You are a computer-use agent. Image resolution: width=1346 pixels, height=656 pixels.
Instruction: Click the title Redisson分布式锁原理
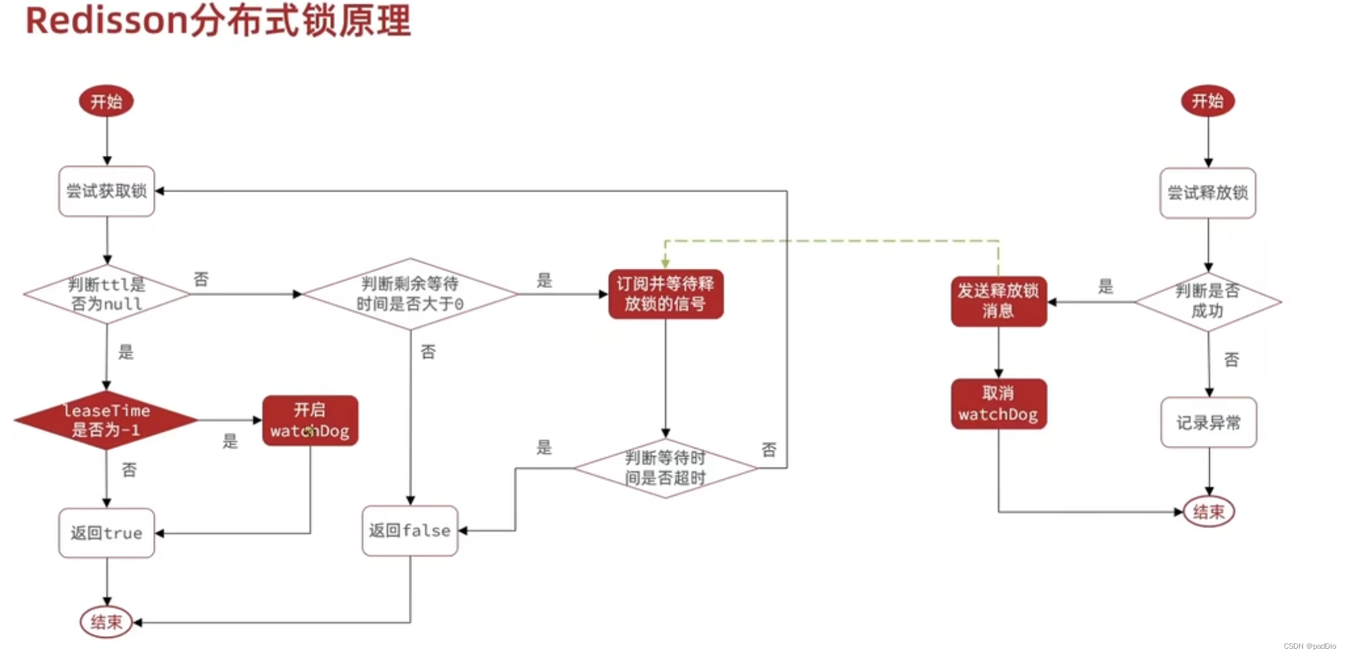218,21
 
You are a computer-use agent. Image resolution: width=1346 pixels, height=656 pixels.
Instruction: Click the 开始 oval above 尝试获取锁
106,102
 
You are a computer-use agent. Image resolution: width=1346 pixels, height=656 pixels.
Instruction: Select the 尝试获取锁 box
106,192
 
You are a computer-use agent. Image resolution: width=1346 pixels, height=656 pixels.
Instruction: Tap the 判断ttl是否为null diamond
106,294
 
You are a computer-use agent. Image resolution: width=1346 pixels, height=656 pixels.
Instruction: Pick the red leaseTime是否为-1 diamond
106,420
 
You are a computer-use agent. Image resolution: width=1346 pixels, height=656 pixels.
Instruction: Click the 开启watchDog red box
310,421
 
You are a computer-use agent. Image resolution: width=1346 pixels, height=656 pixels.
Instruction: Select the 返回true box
106,533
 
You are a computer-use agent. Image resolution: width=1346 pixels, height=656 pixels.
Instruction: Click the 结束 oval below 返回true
106,622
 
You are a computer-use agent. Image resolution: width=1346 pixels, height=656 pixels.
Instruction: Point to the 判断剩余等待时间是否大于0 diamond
409,294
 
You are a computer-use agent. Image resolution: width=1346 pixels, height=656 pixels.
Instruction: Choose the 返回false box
409,530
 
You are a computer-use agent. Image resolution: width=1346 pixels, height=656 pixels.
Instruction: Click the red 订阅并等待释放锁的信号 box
665,294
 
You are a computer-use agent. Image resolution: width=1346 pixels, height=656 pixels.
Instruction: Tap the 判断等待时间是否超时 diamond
665,468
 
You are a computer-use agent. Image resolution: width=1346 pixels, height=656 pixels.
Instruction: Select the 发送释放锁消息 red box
998,301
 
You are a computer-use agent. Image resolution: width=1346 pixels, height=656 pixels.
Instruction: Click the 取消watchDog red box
998,404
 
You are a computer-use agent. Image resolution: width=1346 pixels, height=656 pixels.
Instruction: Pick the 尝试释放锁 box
1207,193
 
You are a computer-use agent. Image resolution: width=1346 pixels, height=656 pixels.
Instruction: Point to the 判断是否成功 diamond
1207,301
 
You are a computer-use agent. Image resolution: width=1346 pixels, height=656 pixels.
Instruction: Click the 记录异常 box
1208,422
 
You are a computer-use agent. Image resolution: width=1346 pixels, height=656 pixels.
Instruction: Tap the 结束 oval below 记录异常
1208,511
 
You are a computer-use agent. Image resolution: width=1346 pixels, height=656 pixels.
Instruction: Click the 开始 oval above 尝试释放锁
1207,101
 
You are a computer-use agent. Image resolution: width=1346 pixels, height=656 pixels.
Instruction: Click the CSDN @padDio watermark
1309,646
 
